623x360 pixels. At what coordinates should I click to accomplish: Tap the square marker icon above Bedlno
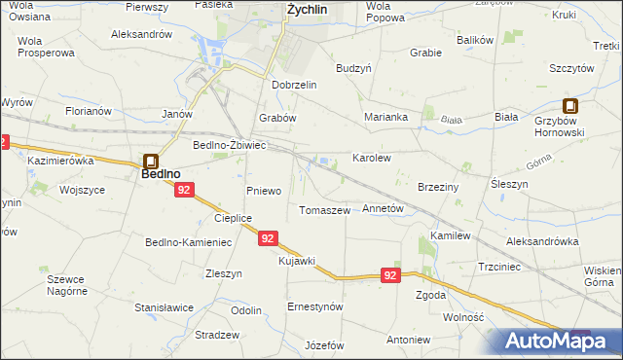pos(152,162)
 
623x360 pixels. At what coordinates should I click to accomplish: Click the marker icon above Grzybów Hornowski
pos(570,107)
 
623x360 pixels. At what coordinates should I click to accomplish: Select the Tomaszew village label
pos(324,210)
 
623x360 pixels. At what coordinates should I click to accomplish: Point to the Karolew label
pos(371,157)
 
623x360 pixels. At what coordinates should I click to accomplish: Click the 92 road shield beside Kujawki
pos(270,237)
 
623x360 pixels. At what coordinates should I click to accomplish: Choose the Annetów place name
pos(383,208)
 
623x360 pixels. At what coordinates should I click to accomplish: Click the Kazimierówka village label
pos(60,159)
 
